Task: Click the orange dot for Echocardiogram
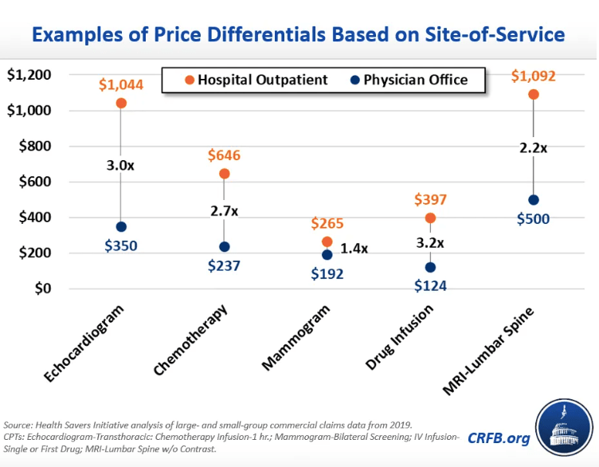click(x=121, y=103)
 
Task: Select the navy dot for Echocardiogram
click(x=121, y=227)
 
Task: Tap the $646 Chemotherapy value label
click(x=224, y=155)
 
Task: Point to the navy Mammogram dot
click(x=327, y=255)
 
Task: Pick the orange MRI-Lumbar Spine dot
click(x=534, y=94)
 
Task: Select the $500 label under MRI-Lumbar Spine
click(x=533, y=219)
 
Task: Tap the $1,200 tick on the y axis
click(x=29, y=75)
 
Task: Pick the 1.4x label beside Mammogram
click(x=354, y=248)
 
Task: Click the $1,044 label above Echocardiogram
click(x=121, y=84)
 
